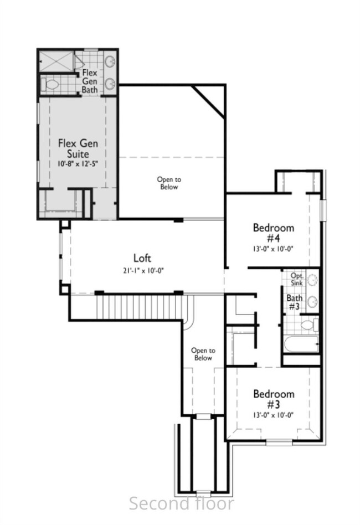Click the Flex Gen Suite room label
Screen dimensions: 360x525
pyautogui.click(x=78, y=148)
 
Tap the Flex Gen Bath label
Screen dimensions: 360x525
pyautogui.click(x=90, y=81)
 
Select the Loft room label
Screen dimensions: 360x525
pyautogui.click(x=142, y=258)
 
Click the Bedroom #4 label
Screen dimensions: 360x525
pyautogui.click(x=274, y=233)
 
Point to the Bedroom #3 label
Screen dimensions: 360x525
pyautogui.click(x=274, y=399)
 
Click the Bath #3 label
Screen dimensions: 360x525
pyautogui.click(x=294, y=302)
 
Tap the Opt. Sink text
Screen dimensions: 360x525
pyautogui.click(x=297, y=279)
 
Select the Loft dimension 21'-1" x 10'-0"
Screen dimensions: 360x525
pyautogui.click(x=143, y=271)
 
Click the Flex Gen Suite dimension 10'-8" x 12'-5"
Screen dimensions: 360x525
pyautogui.click(x=78, y=164)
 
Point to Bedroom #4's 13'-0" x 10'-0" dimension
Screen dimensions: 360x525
pyautogui.click(x=273, y=249)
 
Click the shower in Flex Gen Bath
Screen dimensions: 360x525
pyautogui.click(x=56, y=61)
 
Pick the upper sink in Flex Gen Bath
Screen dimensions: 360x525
pyautogui.click(x=110, y=61)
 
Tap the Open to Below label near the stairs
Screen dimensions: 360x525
pyautogui.click(x=203, y=354)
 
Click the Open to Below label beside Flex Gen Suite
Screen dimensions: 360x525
pyautogui.click(x=169, y=183)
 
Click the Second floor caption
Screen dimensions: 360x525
pyautogui.click(x=182, y=503)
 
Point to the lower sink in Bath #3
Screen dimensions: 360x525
pyautogui.click(x=312, y=301)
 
